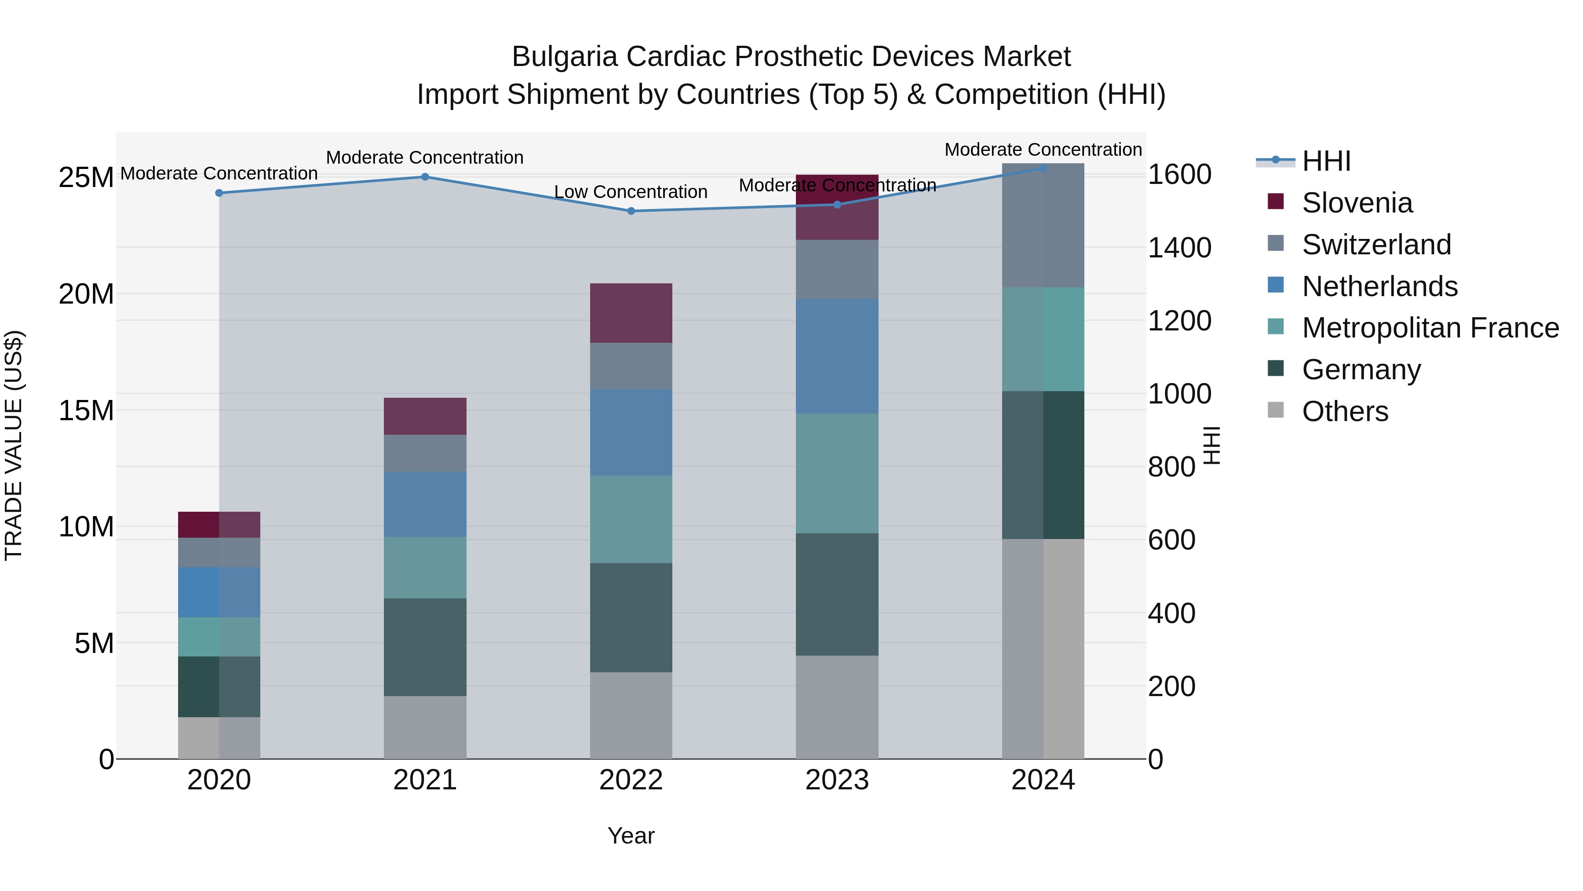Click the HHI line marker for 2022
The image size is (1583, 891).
point(631,211)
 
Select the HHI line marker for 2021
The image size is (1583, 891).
point(425,177)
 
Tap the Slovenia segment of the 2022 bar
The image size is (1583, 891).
point(631,313)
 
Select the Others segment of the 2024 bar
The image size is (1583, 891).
point(1043,649)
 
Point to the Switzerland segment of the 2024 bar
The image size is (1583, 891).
point(1043,225)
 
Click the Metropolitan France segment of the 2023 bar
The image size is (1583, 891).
point(836,473)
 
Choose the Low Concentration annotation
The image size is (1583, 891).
point(631,192)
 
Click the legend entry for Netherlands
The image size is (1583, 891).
point(1379,286)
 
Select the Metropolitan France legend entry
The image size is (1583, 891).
point(1430,328)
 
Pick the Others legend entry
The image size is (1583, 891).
point(1345,411)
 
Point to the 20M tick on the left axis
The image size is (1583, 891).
point(86,294)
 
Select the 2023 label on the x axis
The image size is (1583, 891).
point(836,780)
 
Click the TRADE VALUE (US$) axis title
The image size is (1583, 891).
point(14,445)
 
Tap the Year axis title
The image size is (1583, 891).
point(631,836)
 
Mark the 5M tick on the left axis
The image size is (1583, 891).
point(94,643)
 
